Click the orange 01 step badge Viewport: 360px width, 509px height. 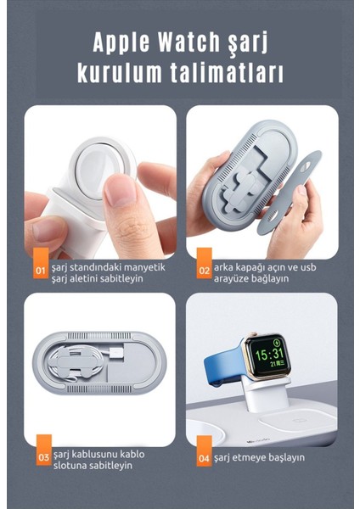40,271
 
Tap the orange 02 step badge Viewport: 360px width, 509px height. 204,271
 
